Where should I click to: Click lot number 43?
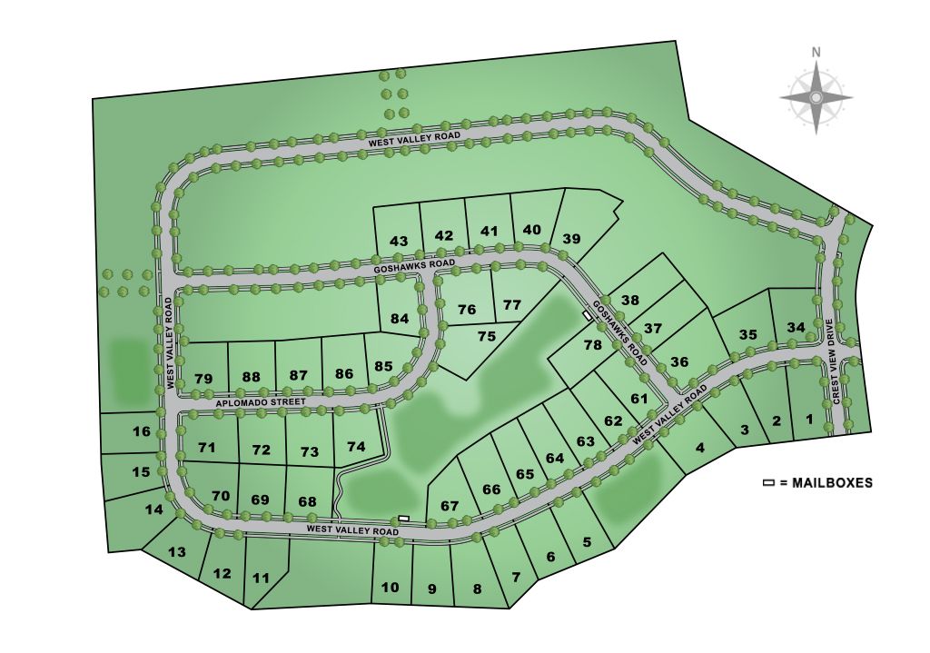(x=399, y=241)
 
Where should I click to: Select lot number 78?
(x=593, y=345)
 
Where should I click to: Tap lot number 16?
(x=142, y=431)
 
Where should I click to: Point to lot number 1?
(x=809, y=420)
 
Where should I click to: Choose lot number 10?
(x=390, y=588)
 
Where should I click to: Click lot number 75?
(x=487, y=336)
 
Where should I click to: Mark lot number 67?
(x=450, y=506)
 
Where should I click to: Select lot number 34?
(x=796, y=327)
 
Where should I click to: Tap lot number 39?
(x=571, y=238)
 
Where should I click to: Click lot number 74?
(x=356, y=447)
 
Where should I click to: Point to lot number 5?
(x=586, y=542)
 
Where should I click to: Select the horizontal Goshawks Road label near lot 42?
(x=413, y=264)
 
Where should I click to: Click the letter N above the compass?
(x=816, y=52)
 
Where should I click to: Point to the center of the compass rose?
(x=816, y=96)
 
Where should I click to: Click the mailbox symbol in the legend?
(x=768, y=483)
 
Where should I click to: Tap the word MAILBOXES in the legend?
(x=832, y=483)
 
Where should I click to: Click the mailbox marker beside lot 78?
(x=588, y=316)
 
